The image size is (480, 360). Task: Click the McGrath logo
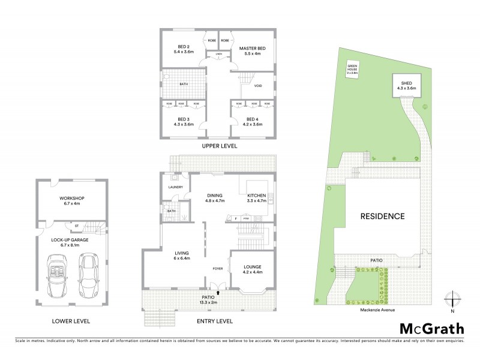[x=432, y=328]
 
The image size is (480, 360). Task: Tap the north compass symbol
[x=452, y=298]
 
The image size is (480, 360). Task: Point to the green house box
[x=354, y=68]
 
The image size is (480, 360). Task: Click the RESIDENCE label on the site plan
[x=382, y=216]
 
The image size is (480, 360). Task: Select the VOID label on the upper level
[x=258, y=86]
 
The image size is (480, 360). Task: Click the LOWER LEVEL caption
[x=70, y=322]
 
